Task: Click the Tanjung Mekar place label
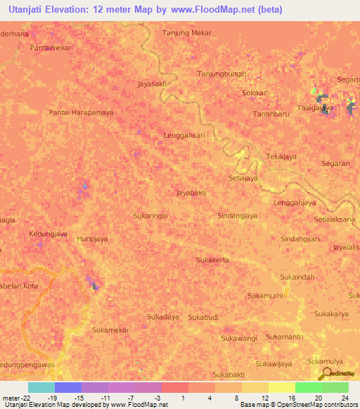187,33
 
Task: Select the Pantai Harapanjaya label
81,112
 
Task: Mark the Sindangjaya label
237,216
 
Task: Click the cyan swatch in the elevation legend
41,387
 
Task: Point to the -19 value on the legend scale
54,398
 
